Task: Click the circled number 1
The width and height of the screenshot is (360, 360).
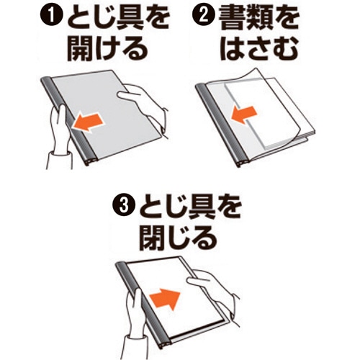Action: [x=51, y=19]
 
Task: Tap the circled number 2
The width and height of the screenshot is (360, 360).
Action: [x=204, y=17]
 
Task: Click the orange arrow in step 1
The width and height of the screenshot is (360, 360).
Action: [x=88, y=122]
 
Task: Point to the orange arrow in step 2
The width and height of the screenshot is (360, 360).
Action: [x=243, y=114]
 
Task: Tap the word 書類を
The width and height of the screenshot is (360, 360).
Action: [x=258, y=18]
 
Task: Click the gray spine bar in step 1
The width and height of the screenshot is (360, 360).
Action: [x=70, y=120]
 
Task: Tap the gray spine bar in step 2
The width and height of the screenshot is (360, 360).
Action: [x=222, y=125]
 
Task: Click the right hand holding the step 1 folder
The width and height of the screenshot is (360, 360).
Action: [x=142, y=108]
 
